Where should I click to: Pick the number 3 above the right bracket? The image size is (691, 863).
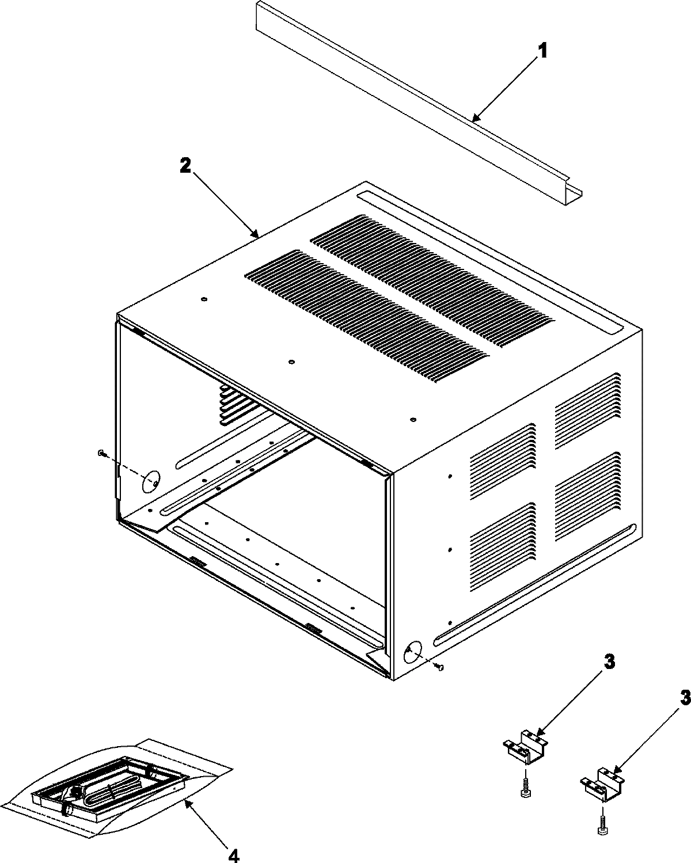684,698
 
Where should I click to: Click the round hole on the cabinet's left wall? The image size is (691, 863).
151,482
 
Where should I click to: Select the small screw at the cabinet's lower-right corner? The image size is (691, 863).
441,667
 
